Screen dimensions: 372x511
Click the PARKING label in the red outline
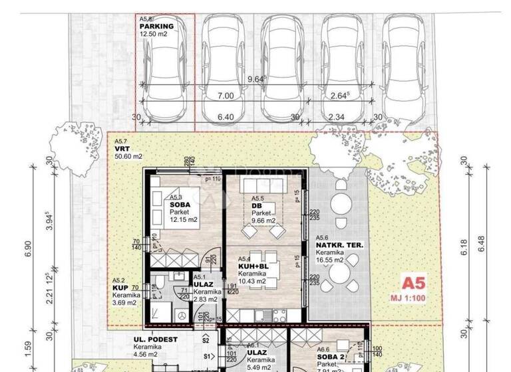(x=157, y=27)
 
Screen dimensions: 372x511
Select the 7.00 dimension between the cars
(x=226, y=96)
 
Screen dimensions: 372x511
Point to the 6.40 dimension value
(x=226, y=118)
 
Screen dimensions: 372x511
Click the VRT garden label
(x=120, y=149)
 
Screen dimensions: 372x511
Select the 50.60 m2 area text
(x=128, y=157)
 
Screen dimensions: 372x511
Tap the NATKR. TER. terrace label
(x=339, y=245)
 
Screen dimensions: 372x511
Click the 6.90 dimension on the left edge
(x=28, y=249)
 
